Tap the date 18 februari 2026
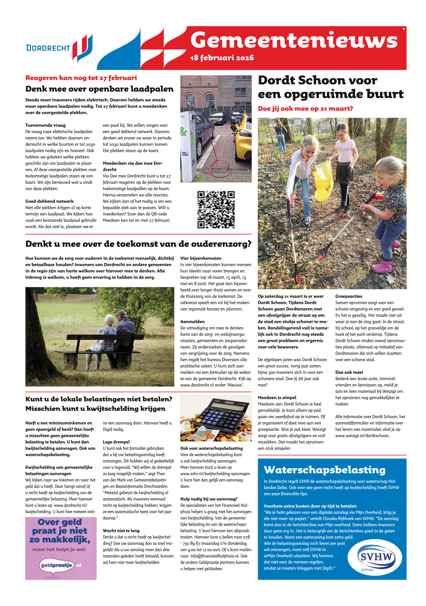tap(222, 58)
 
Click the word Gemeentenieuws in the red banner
tap(294, 41)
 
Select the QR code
tap(216, 209)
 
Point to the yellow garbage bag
tap(323, 181)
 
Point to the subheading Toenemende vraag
tap(45, 125)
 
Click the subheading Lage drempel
tap(116, 442)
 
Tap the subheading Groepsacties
tap(349, 296)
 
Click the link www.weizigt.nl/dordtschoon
tap(362, 436)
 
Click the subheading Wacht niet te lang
tap(121, 531)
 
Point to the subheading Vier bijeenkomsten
tap(201, 258)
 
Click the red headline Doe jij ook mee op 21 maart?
tap(305, 109)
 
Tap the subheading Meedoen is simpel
tap(277, 398)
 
